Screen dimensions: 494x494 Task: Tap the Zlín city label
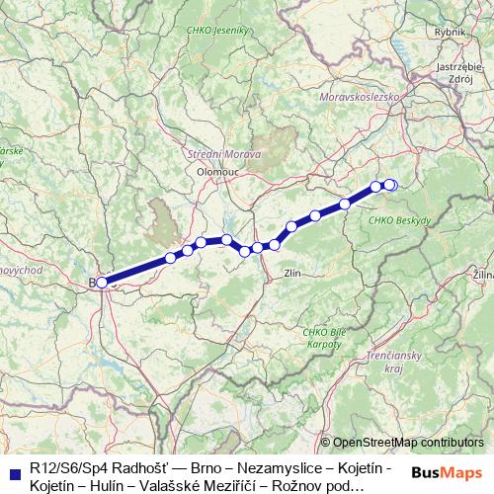tap(291, 272)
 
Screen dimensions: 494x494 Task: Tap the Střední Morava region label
tap(223, 155)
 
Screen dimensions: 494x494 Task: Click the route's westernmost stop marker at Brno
tap(102, 283)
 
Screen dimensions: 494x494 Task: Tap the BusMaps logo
tap(447, 472)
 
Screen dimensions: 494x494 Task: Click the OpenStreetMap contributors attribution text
tap(408, 443)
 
